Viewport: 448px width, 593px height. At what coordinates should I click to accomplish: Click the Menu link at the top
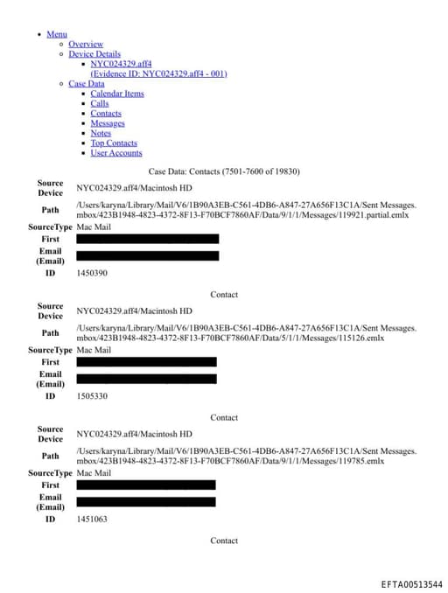[57, 34]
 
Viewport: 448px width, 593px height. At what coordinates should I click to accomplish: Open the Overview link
[86, 44]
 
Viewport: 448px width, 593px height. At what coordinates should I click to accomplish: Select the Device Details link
[94, 53]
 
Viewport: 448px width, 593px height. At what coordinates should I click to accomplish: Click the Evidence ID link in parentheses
[158, 73]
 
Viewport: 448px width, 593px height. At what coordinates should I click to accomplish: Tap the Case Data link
[86, 84]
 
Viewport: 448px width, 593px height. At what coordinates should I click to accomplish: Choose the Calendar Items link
[117, 94]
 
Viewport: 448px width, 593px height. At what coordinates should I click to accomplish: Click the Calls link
[100, 103]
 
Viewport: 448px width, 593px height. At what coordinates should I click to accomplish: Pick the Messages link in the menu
[108, 123]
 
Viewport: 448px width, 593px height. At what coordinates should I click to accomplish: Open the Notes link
[101, 133]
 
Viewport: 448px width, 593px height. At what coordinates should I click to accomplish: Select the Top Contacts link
[114, 143]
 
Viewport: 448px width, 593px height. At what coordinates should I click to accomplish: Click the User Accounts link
[116, 153]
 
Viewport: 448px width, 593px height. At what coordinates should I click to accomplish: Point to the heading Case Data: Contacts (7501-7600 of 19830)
[224, 171]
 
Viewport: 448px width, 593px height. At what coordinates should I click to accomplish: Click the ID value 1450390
[92, 273]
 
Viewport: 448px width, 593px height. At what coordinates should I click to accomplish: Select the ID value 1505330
[92, 396]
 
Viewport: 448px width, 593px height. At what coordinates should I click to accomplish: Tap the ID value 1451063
[92, 519]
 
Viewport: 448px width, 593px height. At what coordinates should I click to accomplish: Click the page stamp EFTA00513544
[411, 584]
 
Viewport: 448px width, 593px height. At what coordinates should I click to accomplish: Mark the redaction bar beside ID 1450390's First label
[147, 239]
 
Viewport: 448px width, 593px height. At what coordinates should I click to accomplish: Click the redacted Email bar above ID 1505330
[146, 379]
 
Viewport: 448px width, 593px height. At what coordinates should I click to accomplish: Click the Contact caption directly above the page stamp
[224, 541]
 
